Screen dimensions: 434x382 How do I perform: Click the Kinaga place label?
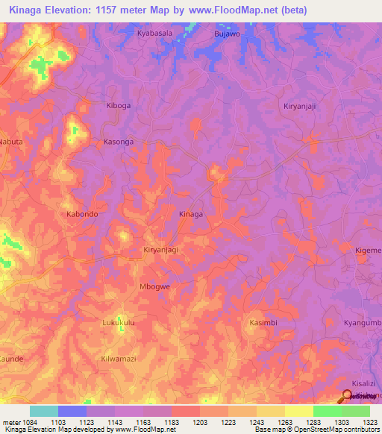pyautogui.click(x=191, y=214)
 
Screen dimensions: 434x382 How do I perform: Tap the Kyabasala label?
pyautogui.click(x=154, y=34)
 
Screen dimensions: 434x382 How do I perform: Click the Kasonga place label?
pyautogui.click(x=118, y=141)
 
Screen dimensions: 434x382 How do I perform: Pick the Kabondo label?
pyautogui.click(x=82, y=214)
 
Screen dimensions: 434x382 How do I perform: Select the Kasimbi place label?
pyautogui.click(x=263, y=322)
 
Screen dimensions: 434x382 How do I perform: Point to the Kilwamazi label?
pyautogui.click(x=119, y=359)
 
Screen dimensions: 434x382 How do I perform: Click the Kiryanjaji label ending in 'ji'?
pyautogui.click(x=301, y=106)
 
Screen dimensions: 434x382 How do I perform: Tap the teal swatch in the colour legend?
pyautogui.click(x=43, y=411)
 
